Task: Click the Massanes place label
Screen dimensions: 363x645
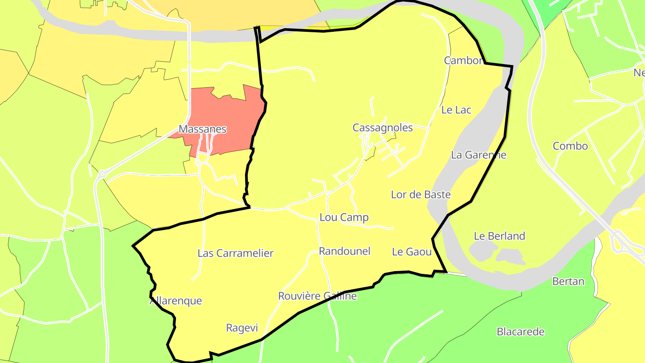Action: pos(202,129)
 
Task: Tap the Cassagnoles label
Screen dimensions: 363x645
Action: pos(383,128)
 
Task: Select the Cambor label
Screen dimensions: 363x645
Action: pos(463,60)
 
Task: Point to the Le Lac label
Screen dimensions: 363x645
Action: pos(456,110)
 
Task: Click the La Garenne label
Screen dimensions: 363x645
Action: pos(478,155)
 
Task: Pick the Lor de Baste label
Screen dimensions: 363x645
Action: pos(421,194)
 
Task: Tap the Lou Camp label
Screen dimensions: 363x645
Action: pos(344,217)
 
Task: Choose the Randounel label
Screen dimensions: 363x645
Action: pos(344,251)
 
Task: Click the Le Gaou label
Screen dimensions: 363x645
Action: pos(412,252)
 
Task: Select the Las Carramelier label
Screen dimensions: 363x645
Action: pos(235,253)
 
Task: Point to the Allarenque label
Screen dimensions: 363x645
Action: pos(176,301)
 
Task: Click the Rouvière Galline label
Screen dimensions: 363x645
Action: pos(317,296)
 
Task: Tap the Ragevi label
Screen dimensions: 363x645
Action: pos(242,328)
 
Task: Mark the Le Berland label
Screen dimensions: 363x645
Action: pos(499,236)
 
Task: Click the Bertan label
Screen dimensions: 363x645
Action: pos(568,281)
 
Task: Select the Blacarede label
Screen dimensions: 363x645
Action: pos(520,332)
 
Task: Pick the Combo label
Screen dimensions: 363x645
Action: pos(570,146)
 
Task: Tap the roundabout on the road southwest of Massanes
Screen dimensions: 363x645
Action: pos(102,174)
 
